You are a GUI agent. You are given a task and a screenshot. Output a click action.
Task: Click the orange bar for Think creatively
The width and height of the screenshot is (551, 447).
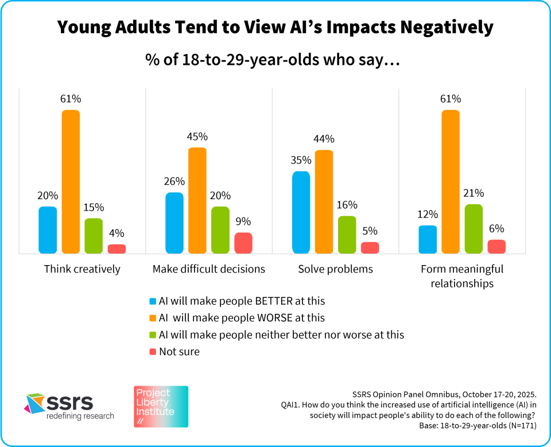tap(71, 181)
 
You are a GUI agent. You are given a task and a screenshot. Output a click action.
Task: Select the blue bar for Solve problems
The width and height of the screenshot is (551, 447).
tap(301, 212)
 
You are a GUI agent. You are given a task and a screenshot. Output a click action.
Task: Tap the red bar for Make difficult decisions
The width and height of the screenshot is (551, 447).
tap(243, 243)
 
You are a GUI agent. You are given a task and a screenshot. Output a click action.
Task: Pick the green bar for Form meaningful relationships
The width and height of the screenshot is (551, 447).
tap(474, 229)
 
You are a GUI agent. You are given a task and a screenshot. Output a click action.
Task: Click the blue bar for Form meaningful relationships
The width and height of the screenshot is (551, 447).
tap(428, 239)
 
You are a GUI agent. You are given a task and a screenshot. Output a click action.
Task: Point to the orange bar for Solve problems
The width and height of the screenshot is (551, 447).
tap(324, 201)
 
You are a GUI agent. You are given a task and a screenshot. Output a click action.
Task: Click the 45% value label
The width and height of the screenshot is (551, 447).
tap(197, 137)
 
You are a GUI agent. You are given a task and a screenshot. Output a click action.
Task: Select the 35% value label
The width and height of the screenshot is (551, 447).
tap(301, 160)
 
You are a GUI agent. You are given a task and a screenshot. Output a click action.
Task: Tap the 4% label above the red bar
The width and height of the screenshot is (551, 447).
tap(117, 234)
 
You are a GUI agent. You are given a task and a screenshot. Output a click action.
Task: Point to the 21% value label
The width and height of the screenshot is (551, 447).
tap(474, 193)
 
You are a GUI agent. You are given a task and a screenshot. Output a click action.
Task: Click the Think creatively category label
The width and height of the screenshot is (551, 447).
tap(82, 269)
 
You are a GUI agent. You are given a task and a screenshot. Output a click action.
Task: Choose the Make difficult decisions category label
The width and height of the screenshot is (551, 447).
tap(209, 269)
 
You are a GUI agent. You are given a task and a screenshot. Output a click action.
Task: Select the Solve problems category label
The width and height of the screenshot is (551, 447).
tap(335, 269)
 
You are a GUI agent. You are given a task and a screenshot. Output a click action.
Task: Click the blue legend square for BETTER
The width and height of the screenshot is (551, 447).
tap(152, 301)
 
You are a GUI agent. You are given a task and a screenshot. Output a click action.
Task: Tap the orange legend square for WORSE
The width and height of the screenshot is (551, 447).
tap(152, 318)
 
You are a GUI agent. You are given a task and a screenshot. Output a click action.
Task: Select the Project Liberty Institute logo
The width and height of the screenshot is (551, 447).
tap(161, 406)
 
